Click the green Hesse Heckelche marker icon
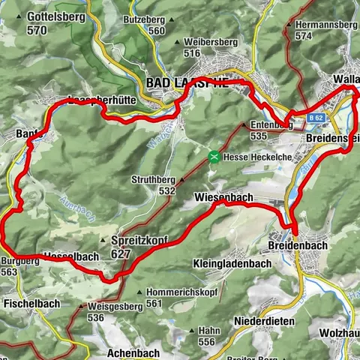point(214,157)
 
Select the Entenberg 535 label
point(265,130)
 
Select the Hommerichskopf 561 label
point(155,298)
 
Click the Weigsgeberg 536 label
point(105,312)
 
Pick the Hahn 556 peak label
point(208,335)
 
